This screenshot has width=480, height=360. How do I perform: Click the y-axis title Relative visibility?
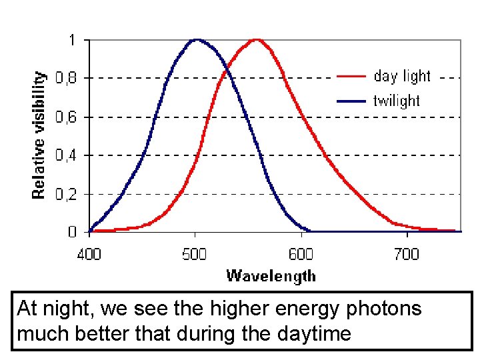click(x=40, y=135)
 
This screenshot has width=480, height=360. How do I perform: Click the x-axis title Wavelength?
click(x=271, y=275)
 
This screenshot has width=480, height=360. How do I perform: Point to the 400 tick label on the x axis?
click(x=89, y=254)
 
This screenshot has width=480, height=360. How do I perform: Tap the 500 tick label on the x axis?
click(x=195, y=254)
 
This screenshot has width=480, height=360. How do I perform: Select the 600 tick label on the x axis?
click(x=301, y=254)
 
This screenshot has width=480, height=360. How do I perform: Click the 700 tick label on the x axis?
click(x=406, y=254)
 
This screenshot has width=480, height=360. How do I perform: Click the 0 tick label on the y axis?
click(x=71, y=232)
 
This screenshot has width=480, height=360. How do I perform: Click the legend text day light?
click(x=402, y=76)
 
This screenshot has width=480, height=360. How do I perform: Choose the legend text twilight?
click(x=397, y=101)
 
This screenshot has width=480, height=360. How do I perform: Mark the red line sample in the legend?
click(x=351, y=77)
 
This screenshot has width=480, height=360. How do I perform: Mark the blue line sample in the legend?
click(x=351, y=101)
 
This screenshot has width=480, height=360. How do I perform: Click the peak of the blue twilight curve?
click(x=196, y=39)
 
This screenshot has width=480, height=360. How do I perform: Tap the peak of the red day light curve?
click(x=257, y=39)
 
